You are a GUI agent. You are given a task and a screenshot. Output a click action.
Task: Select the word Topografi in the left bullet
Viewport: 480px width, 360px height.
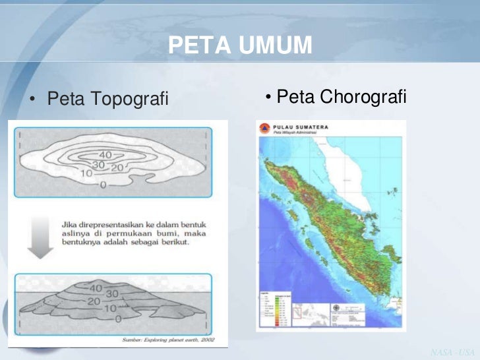129,100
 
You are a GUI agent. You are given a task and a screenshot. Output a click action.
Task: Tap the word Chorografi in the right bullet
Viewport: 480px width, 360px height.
365,98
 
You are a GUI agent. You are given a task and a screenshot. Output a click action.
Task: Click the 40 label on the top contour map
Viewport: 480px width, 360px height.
105,154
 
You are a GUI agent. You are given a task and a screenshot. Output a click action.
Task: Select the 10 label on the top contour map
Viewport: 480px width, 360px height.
86,174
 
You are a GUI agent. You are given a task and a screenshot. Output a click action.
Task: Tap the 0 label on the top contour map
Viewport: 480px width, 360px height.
103,186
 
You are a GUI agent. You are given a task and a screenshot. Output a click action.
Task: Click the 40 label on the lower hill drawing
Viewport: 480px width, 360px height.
96,288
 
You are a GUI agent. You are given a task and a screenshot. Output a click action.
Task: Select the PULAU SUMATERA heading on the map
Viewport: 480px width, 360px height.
301,127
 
